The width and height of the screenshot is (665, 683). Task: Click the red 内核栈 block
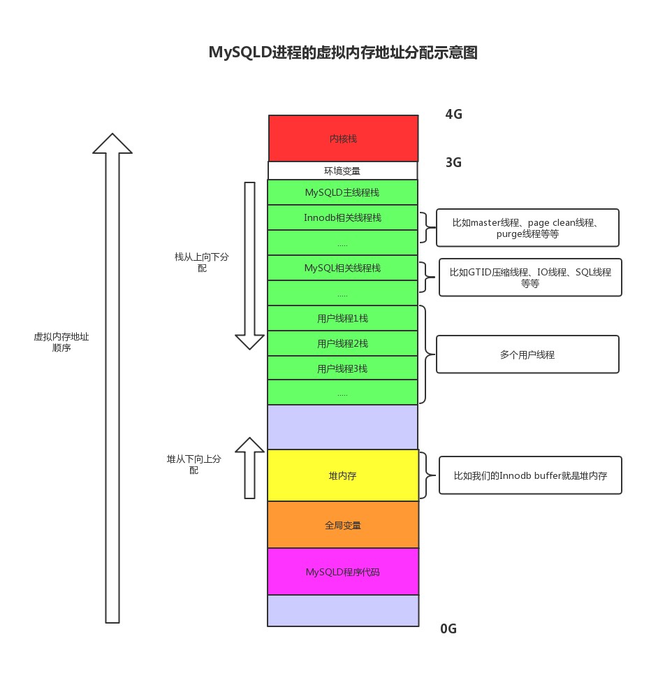click(343, 138)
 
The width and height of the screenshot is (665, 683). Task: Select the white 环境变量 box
click(342, 171)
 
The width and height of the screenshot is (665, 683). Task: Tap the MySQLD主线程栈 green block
click(342, 192)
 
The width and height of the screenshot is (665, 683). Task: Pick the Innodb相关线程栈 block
click(342, 217)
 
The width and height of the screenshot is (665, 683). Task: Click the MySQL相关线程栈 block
click(342, 268)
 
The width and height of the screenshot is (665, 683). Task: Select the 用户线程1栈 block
click(342, 318)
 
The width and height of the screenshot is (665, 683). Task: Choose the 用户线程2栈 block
click(342, 343)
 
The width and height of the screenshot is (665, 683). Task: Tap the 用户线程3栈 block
click(342, 368)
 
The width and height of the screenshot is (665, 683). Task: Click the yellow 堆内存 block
click(342, 475)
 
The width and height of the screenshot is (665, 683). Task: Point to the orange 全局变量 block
click(342, 525)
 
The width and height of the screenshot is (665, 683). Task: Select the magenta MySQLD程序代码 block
click(342, 572)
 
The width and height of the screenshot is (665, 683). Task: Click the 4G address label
click(453, 115)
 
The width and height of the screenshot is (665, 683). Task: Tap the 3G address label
click(453, 163)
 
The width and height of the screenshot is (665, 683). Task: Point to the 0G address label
click(448, 628)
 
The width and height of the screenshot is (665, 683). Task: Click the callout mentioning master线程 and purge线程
click(527, 228)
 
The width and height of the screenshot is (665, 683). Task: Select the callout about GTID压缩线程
click(530, 278)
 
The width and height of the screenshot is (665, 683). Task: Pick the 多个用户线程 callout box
click(527, 354)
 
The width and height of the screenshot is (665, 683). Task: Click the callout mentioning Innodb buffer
click(530, 475)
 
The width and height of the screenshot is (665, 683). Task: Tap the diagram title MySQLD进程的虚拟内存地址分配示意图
click(343, 53)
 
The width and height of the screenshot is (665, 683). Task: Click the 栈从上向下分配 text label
click(201, 262)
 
